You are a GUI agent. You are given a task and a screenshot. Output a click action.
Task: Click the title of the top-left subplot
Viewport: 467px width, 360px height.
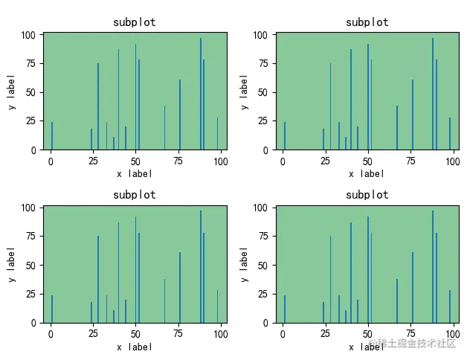pyautogui.click(x=135, y=22)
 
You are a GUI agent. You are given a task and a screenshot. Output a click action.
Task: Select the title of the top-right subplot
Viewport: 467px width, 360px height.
pyautogui.click(x=367, y=22)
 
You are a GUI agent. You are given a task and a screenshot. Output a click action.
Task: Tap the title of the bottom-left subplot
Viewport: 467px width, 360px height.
pyautogui.click(x=135, y=195)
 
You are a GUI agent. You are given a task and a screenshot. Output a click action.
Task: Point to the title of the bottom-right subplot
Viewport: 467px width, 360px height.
pyautogui.click(x=367, y=195)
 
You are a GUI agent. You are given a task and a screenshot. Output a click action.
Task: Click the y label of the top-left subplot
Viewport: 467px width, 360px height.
pyautogui.click(x=12, y=91)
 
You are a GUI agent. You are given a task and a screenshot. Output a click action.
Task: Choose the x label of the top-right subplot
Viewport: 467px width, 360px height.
pyautogui.click(x=367, y=173)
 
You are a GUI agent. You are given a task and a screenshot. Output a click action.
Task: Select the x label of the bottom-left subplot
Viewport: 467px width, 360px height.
pyautogui.click(x=135, y=347)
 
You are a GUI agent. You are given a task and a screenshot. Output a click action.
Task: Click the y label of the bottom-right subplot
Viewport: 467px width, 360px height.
pyautogui.click(x=244, y=265)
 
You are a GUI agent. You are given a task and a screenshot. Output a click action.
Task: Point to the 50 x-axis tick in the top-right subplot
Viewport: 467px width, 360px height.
pyautogui.click(x=367, y=160)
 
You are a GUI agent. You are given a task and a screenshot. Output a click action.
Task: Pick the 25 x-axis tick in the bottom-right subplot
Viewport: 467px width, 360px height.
pyautogui.click(x=325, y=333)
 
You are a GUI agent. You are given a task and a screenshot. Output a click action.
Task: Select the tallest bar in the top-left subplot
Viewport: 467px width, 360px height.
pyautogui.click(x=200, y=93)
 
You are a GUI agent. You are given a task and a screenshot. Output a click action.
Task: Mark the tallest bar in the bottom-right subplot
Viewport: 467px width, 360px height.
pyautogui.click(x=432, y=266)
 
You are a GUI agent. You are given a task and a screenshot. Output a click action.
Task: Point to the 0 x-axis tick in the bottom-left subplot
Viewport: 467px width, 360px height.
pyautogui.click(x=51, y=333)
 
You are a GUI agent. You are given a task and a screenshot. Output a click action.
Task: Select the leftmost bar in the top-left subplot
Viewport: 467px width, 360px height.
pyautogui.click(x=52, y=135)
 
